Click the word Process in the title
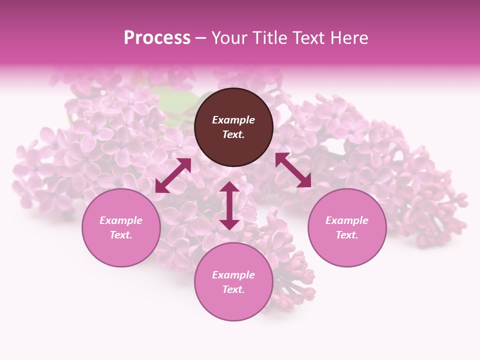[157, 38]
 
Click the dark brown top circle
[233, 105]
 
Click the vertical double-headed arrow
[229, 205]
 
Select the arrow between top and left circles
[173, 175]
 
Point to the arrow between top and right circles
[293, 170]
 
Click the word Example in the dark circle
[233, 120]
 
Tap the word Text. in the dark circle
[233, 134]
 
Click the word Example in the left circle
[121, 220]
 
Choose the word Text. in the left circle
[121, 235]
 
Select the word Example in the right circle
[347, 220]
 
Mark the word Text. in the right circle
[347, 235]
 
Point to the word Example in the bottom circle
[233, 275]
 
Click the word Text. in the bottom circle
[233, 289]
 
